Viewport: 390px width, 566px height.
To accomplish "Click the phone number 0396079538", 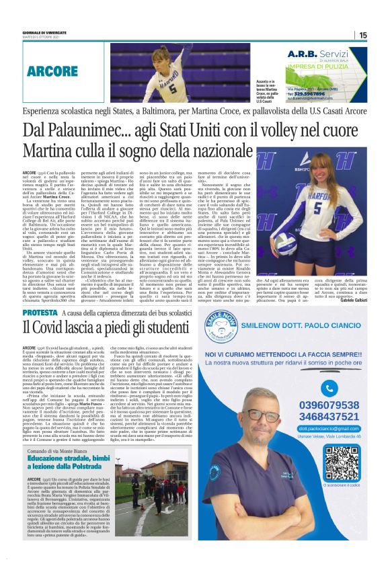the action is point(328,405).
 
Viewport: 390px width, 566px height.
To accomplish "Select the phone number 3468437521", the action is point(328,417).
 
